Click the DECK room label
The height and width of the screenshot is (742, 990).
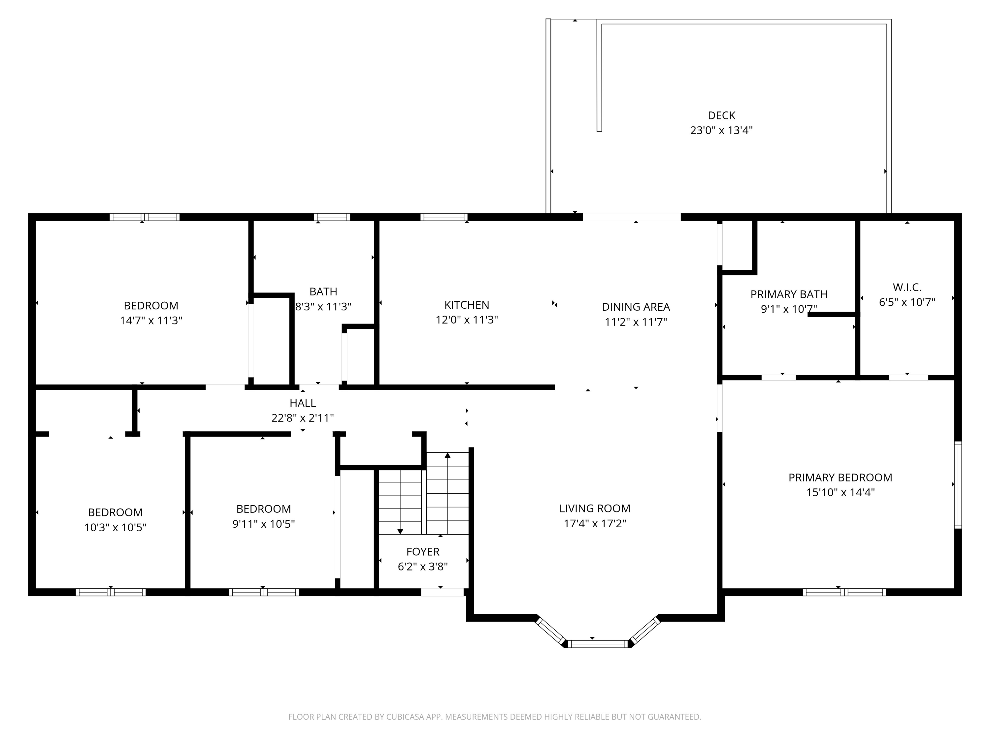point(721,115)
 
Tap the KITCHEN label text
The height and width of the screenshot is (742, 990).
point(467,305)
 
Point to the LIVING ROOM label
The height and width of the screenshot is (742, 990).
point(595,509)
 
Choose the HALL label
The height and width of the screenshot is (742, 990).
point(303,403)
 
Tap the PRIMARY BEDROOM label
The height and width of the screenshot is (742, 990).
point(840,478)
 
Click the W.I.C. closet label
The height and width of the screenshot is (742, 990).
point(907,287)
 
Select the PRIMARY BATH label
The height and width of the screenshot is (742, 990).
point(789,294)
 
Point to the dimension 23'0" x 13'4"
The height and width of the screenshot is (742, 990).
point(721,131)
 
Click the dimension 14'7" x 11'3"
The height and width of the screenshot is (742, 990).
point(151,321)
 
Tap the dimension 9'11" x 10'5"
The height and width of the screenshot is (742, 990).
point(264,524)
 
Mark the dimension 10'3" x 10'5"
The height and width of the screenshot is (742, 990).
point(115,527)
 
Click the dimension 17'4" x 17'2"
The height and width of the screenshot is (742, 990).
point(595,523)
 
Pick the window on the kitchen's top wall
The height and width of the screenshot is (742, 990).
point(444,217)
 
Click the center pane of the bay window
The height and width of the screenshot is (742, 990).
point(598,644)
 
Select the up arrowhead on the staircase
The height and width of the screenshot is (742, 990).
point(447,455)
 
